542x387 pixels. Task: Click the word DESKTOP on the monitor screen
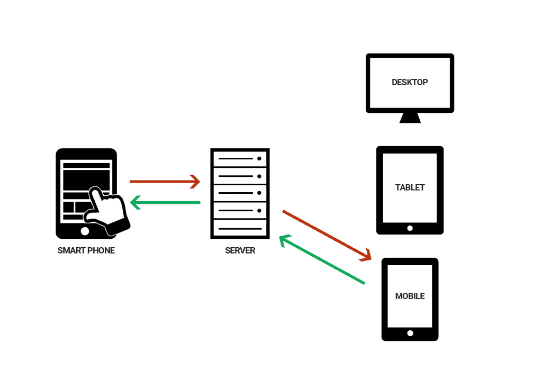coord(410,83)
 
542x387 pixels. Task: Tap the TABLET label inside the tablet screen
coord(410,187)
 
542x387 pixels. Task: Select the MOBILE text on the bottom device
coord(410,296)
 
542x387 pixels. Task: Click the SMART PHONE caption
coord(86,250)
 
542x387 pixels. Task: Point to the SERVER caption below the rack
coord(240,250)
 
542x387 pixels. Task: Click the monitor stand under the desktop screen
coord(410,118)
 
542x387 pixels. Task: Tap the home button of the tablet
coord(410,228)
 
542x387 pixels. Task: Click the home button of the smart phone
coord(85,231)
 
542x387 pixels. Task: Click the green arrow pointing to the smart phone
coord(166,202)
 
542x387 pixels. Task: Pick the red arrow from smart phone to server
coord(165,182)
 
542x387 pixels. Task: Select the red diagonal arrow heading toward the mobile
coord(326,235)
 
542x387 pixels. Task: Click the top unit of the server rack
coord(240,158)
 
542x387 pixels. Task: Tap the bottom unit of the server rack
coord(240,228)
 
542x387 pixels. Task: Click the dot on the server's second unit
coord(259,176)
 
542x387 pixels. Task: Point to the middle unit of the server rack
coord(240,193)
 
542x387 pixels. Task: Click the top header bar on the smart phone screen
coord(86,165)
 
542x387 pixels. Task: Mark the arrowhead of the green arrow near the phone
coord(134,202)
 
